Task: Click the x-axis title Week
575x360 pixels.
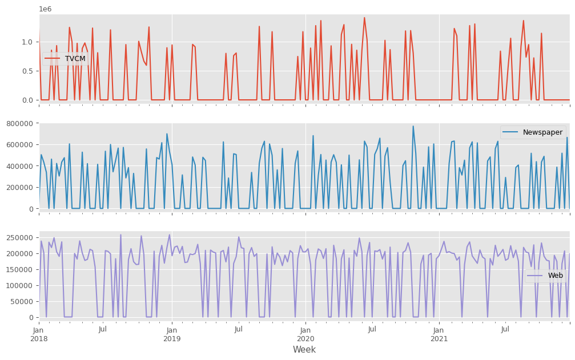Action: coord(304,350)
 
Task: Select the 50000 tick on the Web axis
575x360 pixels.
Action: coord(21,301)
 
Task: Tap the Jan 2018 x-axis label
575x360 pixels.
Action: coord(39,334)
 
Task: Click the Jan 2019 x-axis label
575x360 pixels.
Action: coord(172,334)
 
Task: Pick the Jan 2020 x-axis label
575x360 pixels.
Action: coord(305,334)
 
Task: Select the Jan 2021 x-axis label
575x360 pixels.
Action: coord(439,334)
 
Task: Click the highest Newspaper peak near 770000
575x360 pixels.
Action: coord(413,126)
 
